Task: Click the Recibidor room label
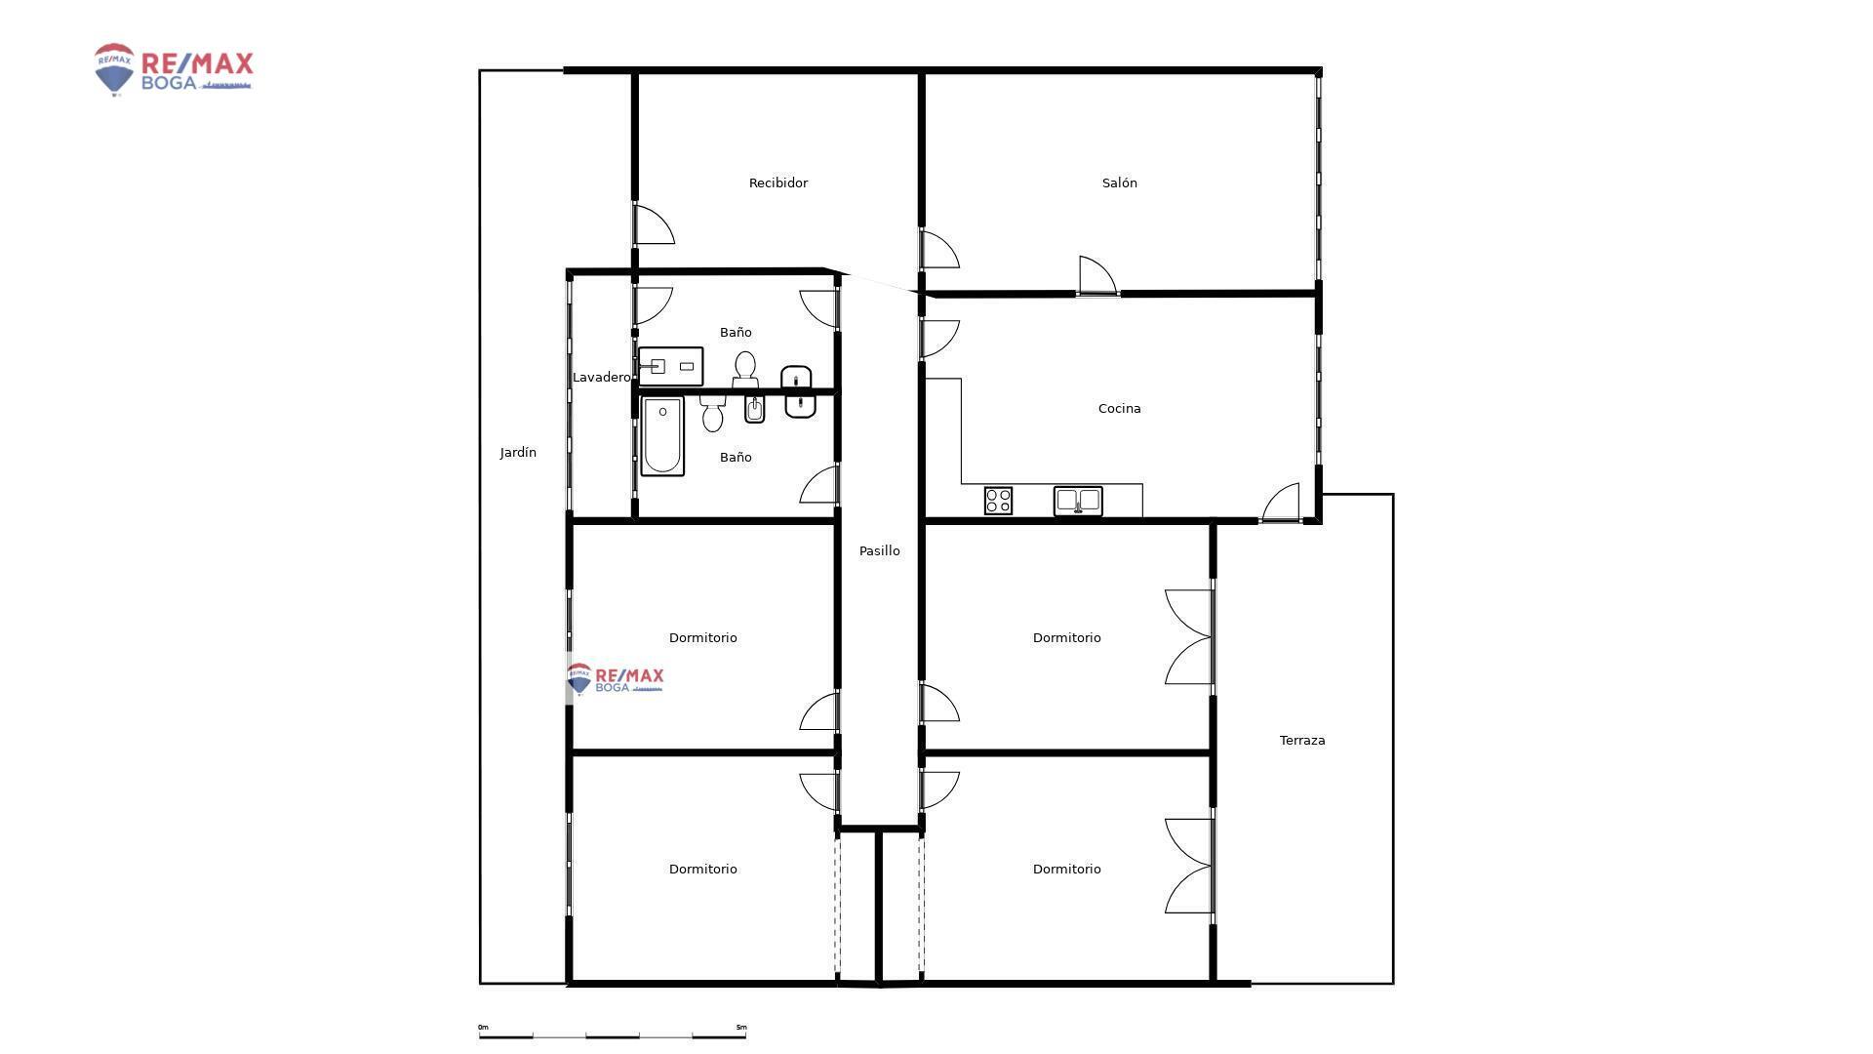[777, 182]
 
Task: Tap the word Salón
[1119, 182]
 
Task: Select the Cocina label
[1119, 408]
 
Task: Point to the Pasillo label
[879, 550]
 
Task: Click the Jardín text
[518, 452]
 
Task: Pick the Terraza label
[1302, 740]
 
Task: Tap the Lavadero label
[601, 377]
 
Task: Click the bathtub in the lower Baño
[662, 436]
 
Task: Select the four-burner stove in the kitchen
[998, 501]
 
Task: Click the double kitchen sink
[1078, 501]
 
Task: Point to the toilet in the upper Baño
[745, 369]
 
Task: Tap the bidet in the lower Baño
[754, 409]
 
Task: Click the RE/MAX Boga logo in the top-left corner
[174, 69]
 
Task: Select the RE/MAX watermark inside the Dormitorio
[615, 678]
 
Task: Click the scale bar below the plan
[613, 1034]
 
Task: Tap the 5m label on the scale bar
[741, 1027]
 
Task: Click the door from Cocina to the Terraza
[1280, 503]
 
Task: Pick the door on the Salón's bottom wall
[1097, 275]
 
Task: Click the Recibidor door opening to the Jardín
[654, 224]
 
